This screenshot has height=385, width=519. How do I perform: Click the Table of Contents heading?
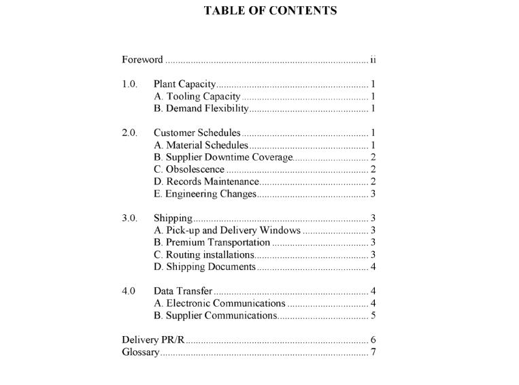click(x=270, y=10)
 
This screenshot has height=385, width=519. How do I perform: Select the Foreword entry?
click(x=142, y=59)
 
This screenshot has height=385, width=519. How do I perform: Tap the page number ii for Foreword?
click(x=373, y=59)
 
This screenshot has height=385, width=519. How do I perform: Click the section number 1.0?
click(x=129, y=84)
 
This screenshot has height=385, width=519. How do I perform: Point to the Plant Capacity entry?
click(x=184, y=84)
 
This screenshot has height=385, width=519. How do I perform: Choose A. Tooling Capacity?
click(x=197, y=97)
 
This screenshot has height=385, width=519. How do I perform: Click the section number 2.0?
click(x=129, y=133)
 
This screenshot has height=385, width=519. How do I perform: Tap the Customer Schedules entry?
click(x=197, y=133)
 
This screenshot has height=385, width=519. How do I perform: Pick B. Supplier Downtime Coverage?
click(x=223, y=157)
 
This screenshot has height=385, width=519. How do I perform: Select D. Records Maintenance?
click(x=206, y=182)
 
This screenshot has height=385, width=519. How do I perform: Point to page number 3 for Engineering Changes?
click(x=373, y=194)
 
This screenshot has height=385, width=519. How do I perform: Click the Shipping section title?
click(x=173, y=218)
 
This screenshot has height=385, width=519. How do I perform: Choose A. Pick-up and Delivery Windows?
click(x=227, y=231)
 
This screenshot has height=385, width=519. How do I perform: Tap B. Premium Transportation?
click(x=212, y=242)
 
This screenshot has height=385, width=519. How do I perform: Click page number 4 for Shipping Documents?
click(x=373, y=267)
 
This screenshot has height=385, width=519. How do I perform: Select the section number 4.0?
click(x=129, y=291)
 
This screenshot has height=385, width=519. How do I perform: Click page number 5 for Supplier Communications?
click(x=373, y=316)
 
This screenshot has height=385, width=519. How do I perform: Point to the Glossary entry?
click(x=140, y=352)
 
